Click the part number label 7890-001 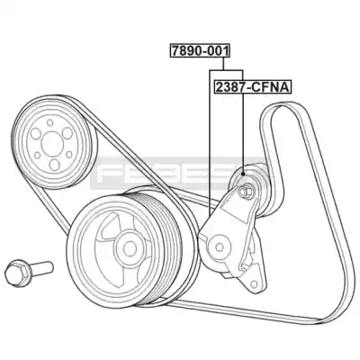pyautogui.click(x=200, y=50)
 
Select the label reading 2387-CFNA pyautogui.click(x=252, y=87)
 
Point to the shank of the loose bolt pyautogui.click(x=41, y=267)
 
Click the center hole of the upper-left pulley pyautogui.click(x=53, y=144)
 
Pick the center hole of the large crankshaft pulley pyautogui.click(x=130, y=248)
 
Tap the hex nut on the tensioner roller pyautogui.click(x=244, y=191)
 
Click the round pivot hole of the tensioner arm pyautogui.click(x=220, y=247)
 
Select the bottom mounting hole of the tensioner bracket pyautogui.click(x=255, y=283)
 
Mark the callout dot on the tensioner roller pyautogui.click(x=243, y=174)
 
